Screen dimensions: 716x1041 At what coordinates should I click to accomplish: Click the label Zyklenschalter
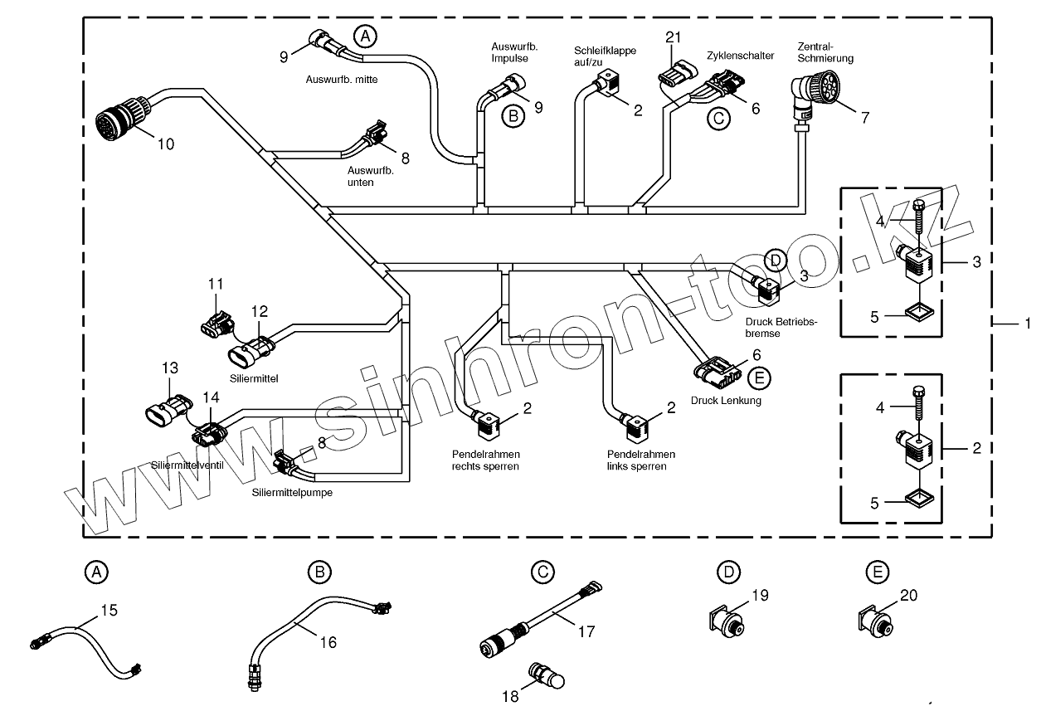(x=741, y=56)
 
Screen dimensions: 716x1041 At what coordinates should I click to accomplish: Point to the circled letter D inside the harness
(x=775, y=260)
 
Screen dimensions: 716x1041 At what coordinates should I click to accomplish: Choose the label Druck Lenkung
(x=726, y=401)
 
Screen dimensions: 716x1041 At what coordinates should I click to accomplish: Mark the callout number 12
(x=260, y=311)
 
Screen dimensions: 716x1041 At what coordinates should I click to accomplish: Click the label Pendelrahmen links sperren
(x=640, y=460)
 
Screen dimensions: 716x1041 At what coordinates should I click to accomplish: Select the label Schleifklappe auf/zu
(x=605, y=56)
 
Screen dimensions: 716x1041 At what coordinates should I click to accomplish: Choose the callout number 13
(x=169, y=368)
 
